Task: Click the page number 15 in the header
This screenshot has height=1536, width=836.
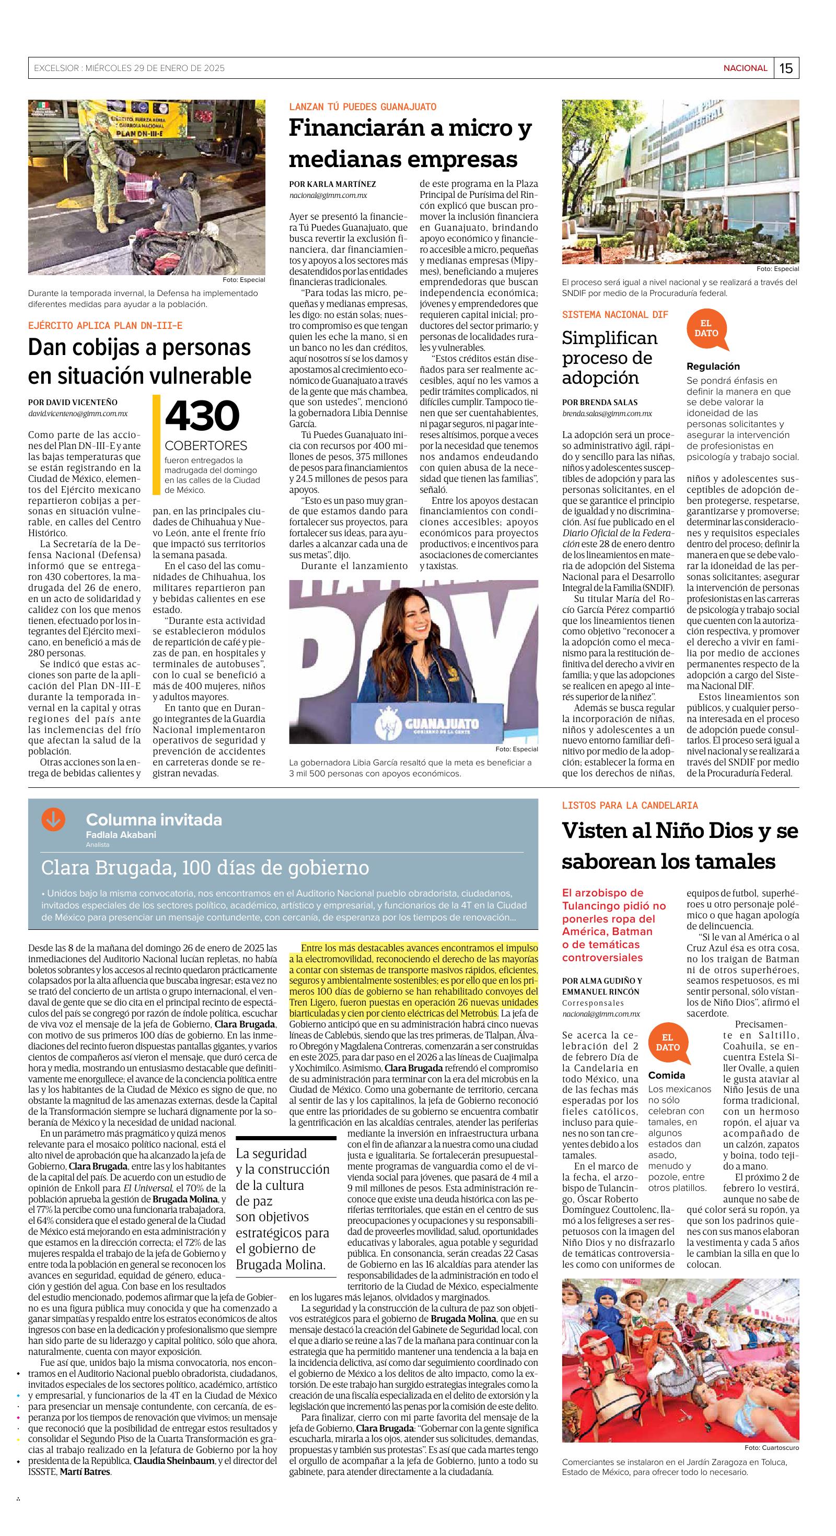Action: [786, 68]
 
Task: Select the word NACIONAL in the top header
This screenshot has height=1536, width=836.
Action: [745, 68]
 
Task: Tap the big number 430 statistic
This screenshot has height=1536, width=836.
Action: [202, 416]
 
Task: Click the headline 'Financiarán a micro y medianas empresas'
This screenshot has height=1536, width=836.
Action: [410, 144]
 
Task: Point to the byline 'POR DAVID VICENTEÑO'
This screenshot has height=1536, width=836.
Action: [73, 403]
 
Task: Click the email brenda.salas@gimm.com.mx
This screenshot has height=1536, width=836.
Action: [607, 413]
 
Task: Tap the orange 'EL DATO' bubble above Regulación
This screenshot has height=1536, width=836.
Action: [706, 329]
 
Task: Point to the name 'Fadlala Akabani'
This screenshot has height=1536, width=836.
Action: [121, 835]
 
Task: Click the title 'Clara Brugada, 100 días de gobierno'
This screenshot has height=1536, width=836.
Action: [205, 868]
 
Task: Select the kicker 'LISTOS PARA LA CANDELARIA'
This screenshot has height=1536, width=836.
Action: [630, 806]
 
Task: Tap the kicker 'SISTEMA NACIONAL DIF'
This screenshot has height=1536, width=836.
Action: [614, 314]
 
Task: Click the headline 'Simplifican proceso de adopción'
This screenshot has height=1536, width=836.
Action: [610, 358]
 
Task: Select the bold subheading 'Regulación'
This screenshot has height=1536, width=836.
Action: [713, 366]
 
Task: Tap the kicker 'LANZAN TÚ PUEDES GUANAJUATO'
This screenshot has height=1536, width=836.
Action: [363, 107]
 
